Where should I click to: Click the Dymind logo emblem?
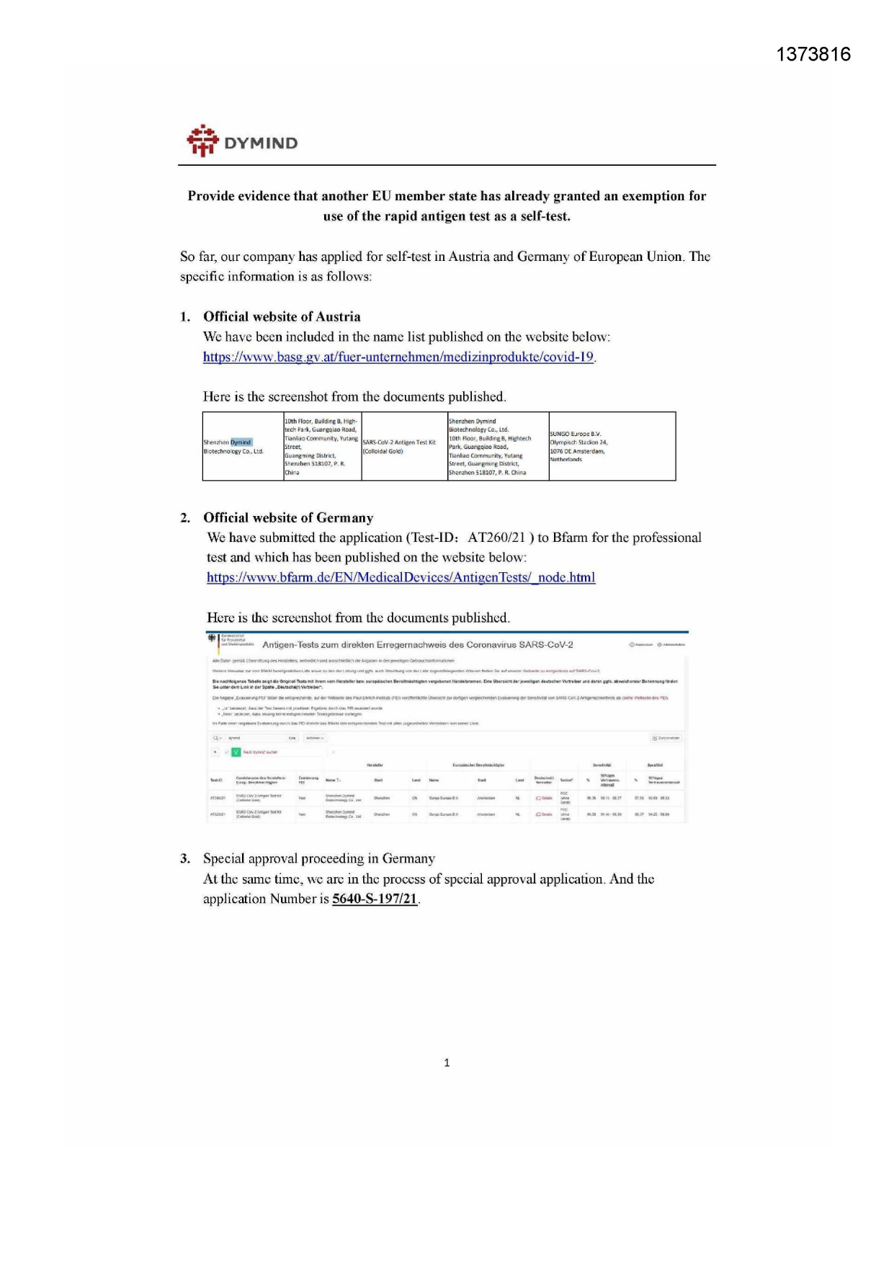tap(202, 141)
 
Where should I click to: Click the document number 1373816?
tap(813, 55)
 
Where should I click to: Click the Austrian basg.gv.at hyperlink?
tap(398, 357)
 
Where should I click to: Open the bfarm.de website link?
tap(401, 577)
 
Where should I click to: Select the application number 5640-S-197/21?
tap(375, 899)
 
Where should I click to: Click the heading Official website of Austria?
tap(282, 316)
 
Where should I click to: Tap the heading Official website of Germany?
tap(288, 517)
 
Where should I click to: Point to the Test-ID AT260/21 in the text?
tap(496, 538)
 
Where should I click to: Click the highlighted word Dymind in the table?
tap(241, 442)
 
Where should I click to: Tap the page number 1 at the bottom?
tap(447, 1062)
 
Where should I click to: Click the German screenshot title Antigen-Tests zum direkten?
tap(417, 644)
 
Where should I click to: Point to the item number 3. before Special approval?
tap(185, 858)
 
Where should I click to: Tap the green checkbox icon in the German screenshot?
tap(236, 752)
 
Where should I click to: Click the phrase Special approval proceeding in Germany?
tap(319, 858)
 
